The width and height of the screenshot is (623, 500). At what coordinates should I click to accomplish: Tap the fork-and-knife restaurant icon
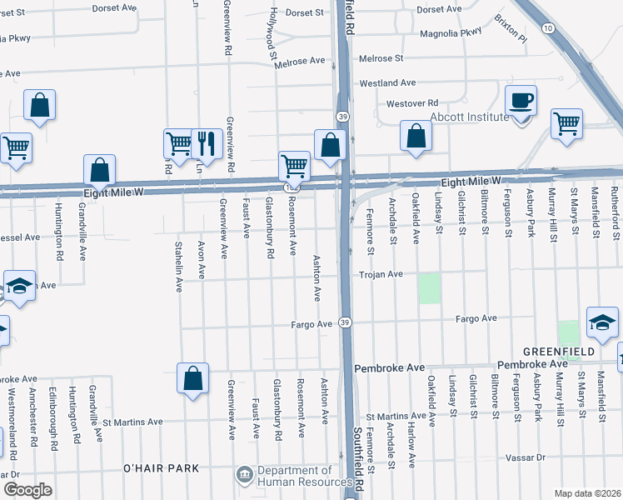[206, 143]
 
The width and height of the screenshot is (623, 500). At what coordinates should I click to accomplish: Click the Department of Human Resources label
[304, 476]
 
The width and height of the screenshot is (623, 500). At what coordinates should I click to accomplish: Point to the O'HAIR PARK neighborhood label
[162, 468]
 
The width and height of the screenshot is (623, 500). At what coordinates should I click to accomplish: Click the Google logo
[27, 490]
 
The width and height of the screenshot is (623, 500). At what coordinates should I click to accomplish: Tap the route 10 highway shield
[547, 28]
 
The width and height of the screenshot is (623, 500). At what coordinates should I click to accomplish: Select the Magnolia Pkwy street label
[451, 32]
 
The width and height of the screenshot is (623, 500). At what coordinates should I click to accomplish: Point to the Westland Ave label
[387, 83]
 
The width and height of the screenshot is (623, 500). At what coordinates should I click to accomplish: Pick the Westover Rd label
[411, 103]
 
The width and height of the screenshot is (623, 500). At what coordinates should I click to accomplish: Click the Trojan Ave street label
[381, 274]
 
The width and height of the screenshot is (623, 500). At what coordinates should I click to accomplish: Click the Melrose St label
[381, 58]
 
